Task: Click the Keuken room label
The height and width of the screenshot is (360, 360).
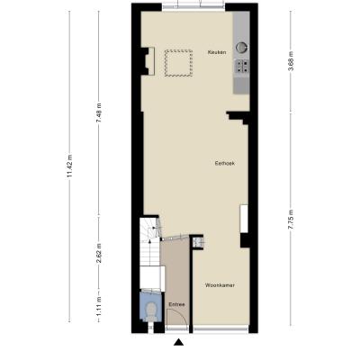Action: [x=217, y=52]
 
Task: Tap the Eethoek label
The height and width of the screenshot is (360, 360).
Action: [x=225, y=164]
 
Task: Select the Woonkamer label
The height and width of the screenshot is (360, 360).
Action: [x=220, y=285]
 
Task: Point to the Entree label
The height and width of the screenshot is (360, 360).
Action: [x=176, y=304]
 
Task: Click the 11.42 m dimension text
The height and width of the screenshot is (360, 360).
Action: [x=69, y=166]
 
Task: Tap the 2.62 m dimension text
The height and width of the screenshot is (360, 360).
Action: [x=99, y=253]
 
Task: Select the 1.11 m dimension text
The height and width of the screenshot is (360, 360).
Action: [x=99, y=304]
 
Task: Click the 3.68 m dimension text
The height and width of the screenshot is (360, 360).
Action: [x=291, y=62]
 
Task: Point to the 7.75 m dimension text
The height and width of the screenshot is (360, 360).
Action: [x=291, y=220]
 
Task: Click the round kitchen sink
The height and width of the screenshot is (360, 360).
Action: [x=241, y=48]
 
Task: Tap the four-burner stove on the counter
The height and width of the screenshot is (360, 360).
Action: [x=242, y=67]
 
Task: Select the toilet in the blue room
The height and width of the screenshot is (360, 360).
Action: [x=151, y=310]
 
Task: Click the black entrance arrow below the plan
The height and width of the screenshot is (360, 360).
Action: [x=179, y=342]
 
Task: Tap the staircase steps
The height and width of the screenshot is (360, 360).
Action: [x=149, y=247]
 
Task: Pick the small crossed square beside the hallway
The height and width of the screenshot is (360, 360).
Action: [x=197, y=242]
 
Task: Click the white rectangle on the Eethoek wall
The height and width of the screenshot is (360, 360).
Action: [x=244, y=219]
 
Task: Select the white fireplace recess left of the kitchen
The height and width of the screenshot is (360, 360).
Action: [x=151, y=61]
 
